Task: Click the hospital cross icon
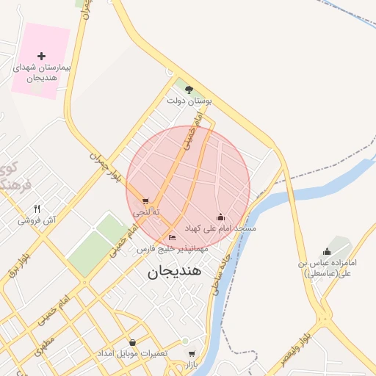click(41, 56)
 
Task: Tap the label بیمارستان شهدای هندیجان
click(41, 72)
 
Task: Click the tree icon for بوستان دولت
click(189, 90)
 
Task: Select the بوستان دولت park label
click(189, 101)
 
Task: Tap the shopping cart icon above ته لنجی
click(145, 201)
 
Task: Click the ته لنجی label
click(145, 211)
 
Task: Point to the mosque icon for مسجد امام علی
click(220, 217)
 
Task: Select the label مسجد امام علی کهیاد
click(220, 228)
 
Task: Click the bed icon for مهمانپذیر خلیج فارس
click(172, 238)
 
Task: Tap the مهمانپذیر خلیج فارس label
click(173, 249)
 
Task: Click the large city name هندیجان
click(174, 271)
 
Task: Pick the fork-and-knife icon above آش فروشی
click(37, 209)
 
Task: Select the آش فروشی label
click(38, 220)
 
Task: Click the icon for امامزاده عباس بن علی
click(328, 252)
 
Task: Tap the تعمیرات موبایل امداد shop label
click(133, 353)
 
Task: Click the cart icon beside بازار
click(192, 353)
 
